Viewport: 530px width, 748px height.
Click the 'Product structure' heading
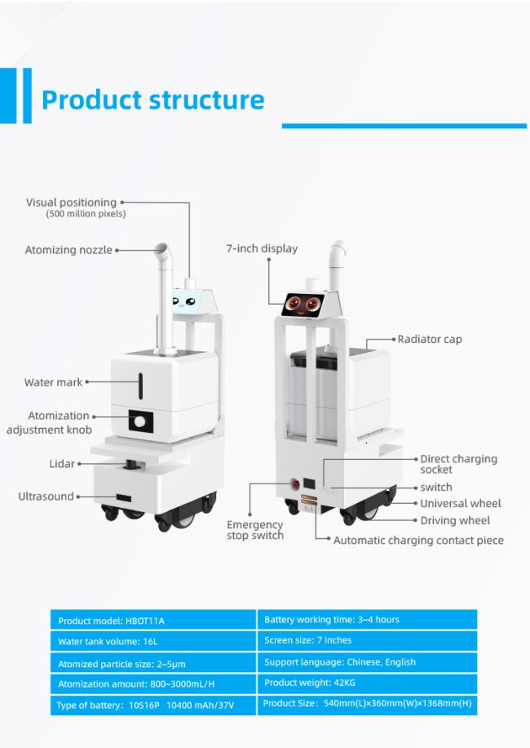(152, 100)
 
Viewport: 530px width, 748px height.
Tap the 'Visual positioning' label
(71, 203)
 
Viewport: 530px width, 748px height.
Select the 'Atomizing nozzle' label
(68, 250)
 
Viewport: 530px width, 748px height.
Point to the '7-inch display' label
(262, 248)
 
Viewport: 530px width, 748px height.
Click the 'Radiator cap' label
(430, 339)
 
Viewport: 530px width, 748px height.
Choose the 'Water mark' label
(53, 382)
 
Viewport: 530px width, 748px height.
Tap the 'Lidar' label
(62, 464)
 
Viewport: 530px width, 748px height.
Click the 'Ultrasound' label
(46, 496)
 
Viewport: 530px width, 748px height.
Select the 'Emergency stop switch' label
(254, 530)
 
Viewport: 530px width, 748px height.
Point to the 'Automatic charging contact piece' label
(418, 541)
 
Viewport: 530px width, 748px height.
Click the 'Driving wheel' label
(455, 520)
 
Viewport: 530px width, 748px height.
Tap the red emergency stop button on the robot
(295, 484)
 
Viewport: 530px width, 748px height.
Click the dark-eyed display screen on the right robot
(303, 305)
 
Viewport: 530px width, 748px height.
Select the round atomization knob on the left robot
(139, 421)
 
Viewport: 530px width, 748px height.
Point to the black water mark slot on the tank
(141, 386)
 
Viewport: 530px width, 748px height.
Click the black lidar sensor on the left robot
(130, 464)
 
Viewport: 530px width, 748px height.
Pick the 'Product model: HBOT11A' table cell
(153, 620)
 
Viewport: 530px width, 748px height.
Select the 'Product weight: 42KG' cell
(367, 683)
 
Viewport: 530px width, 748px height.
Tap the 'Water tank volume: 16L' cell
(153, 641)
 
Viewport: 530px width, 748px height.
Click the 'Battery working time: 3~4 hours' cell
(367, 620)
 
